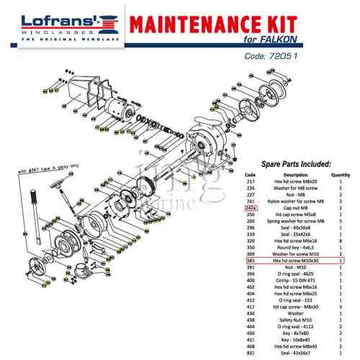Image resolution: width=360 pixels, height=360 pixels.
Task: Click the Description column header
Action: coord(295,175)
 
